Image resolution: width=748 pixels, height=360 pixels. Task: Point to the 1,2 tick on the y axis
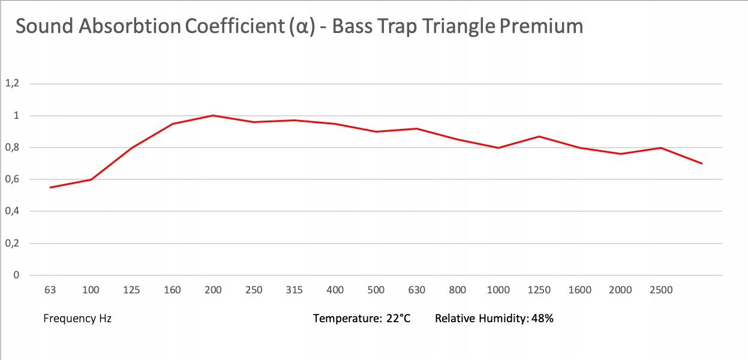pyautogui.click(x=12, y=83)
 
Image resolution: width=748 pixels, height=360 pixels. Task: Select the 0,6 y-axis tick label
pyautogui.click(x=12, y=179)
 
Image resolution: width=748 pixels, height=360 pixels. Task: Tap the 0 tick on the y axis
pyautogui.click(x=16, y=275)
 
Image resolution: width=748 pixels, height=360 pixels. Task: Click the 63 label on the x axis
pyautogui.click(x=50, y=290)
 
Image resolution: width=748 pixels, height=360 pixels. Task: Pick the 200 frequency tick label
pyautogui.click(x=213, y=290)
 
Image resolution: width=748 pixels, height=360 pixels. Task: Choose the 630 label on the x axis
pyautogui.click(x=417, y=290)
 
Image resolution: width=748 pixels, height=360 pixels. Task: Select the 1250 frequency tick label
pyautogui.click(x=539, y=290)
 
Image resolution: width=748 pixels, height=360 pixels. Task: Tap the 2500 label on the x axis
pyautogui.click(x=661, y=290)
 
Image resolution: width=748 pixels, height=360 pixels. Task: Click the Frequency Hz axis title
pyautogui.click(x=77, y=319)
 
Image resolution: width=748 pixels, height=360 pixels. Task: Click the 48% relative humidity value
pyautogui.click(x=542, y=319)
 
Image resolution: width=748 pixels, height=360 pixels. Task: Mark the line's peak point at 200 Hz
pyautogui.click(x=213, y=115)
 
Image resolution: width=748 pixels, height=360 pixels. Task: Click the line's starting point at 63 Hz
pyautogui.click(x=50, y=187)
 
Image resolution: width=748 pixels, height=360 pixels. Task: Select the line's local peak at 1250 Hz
pyautogui.click(x=539, y=136)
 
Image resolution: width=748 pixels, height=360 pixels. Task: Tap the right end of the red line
pyautogui.click(x=701, y=163)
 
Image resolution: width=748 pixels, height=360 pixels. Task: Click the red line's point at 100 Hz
pyautogui.click(x=91, y=179)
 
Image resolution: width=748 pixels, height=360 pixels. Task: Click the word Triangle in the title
pyautogui.click(x=466, y=27)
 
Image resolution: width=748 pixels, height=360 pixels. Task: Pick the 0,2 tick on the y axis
pyautogui.click(x=12, y=244)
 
